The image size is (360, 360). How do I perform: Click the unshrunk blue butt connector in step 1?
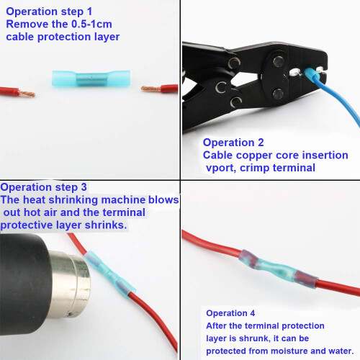(91, 78)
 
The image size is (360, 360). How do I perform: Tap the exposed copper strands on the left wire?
(27, 93)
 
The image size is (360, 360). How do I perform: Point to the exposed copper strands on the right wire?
(150, 89)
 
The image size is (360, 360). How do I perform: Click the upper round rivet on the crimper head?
(279, 62)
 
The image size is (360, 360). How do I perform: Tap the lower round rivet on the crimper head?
(278, 94)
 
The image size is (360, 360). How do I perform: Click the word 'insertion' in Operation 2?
(325, 155)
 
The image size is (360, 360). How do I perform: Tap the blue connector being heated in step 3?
(110, 274)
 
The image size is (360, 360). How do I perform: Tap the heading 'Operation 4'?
(230, 313)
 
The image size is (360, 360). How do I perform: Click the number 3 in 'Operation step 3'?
(84, 187)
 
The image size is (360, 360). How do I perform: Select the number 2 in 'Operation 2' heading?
(261, 143)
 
